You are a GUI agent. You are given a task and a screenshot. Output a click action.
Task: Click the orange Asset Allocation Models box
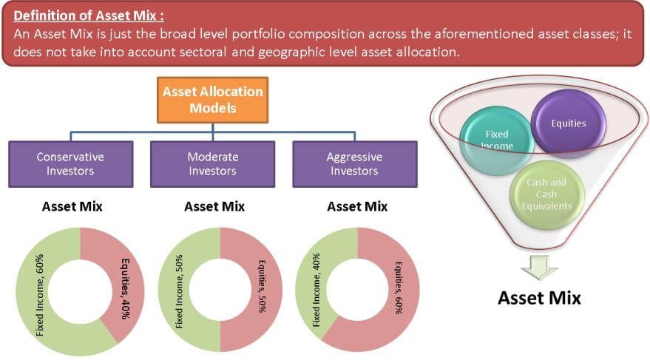pyautogui.click(x=213, y=100)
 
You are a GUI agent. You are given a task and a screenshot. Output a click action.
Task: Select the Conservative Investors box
pyautogui.click(x=71, y=164)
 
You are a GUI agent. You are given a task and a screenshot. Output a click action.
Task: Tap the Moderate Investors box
pyautogui.click(x=213, y=164)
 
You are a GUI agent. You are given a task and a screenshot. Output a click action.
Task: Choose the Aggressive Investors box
pyautogui.click(x=355, y=164)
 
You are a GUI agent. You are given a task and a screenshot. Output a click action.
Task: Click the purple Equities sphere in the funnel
pyautogui.click(x=569, y=123)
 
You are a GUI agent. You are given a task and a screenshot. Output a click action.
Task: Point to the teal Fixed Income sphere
pyautogui.click(x=497, y=140)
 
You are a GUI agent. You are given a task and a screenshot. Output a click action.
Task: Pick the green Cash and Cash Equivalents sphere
pyautogui.click(x=546, y=194)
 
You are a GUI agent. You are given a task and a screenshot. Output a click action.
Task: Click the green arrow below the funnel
pyautogui.click(x=539, y=268)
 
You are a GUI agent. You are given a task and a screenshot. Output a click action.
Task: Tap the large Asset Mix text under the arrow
pyautogui.click(x=539, y=298)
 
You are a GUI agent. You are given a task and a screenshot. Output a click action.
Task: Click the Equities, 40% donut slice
pyautogui.click(x=123, y=286)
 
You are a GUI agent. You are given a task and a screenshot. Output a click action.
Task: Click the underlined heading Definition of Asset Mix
pyautogui.click(x=89, y=16)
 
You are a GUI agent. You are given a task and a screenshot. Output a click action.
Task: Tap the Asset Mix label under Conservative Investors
pyautogui.click(x=72, y=206)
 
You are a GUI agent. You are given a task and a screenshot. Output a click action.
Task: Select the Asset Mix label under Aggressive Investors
pyautogui.click(x=357, y=206)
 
